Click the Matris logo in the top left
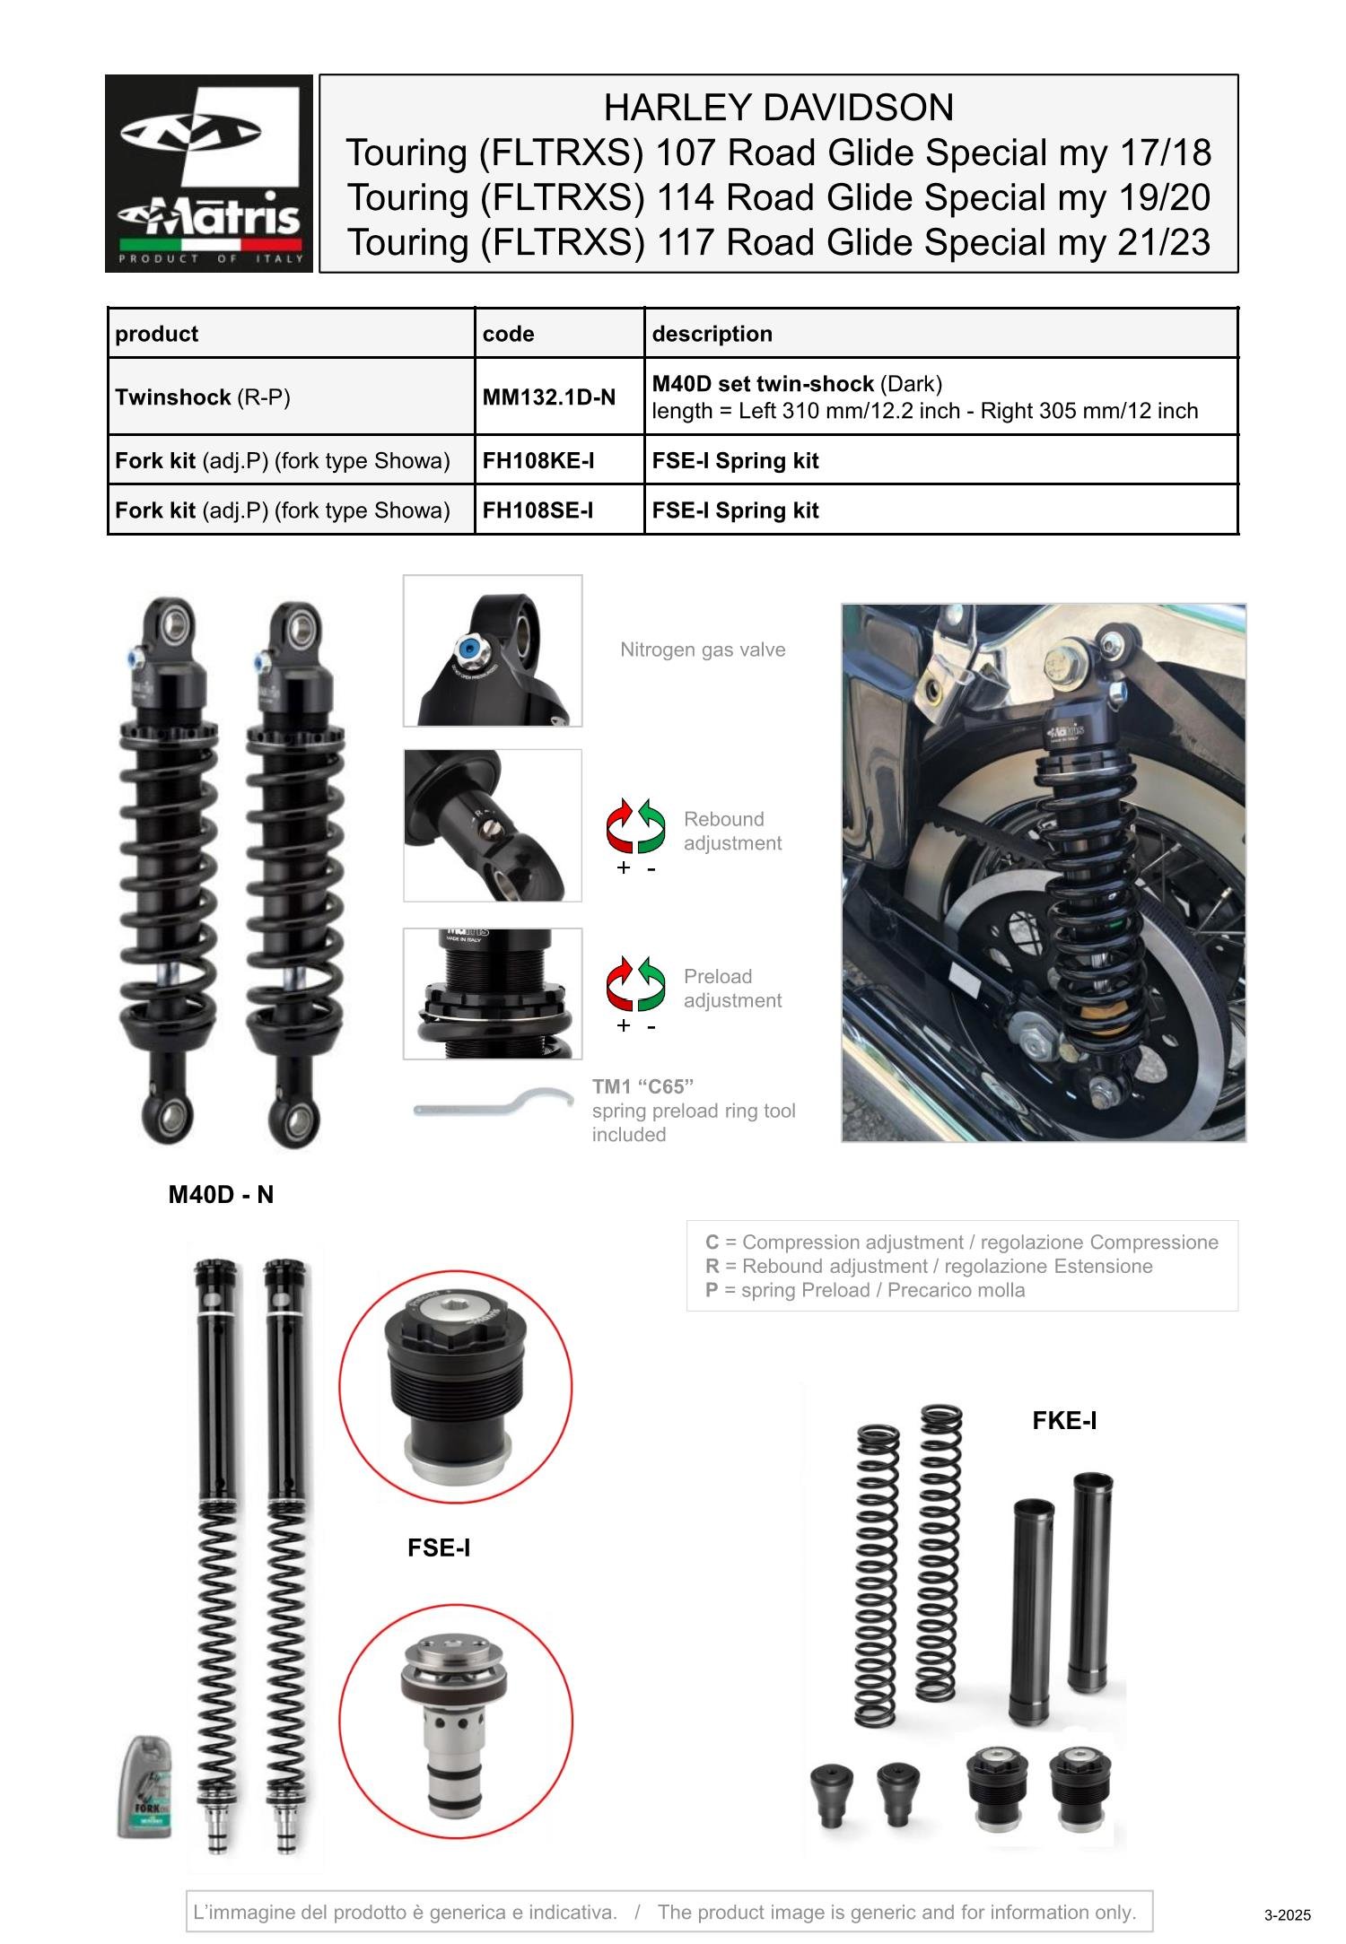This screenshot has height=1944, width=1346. (209, 173)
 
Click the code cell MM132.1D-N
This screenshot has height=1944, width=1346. (548, 397)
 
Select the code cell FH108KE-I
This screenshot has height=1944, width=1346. (538, 461)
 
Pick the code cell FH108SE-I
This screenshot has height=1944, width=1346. (538, 510)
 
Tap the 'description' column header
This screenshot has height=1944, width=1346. (712, 334)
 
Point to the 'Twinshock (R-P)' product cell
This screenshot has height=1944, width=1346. (203, 397)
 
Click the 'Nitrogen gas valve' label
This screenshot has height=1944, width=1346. (702, 649)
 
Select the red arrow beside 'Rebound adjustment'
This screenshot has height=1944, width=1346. (620, 825)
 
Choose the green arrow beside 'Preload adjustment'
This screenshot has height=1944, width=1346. (652, 983)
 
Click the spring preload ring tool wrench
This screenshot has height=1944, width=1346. (493, 1104)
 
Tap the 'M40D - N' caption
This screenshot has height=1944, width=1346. (221, 1195)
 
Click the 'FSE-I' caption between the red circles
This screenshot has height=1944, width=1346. (438, 1547)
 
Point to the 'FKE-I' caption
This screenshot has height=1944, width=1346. (1063, 1421)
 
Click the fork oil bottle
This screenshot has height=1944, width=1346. (144, 1786)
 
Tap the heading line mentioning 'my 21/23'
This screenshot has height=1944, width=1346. (778, 242)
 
